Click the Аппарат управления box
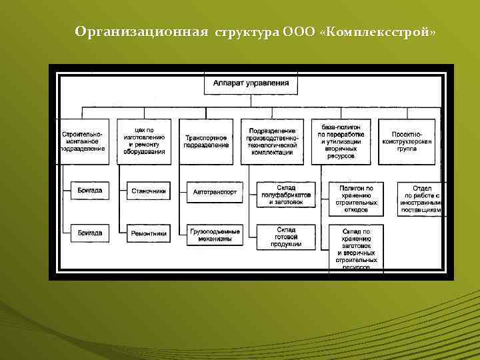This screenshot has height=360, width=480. pos(251,84)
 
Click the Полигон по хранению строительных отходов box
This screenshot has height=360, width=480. pos(356,199)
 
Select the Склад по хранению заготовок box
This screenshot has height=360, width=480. pos(356,249)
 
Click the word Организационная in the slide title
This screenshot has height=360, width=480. pos(143,32)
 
